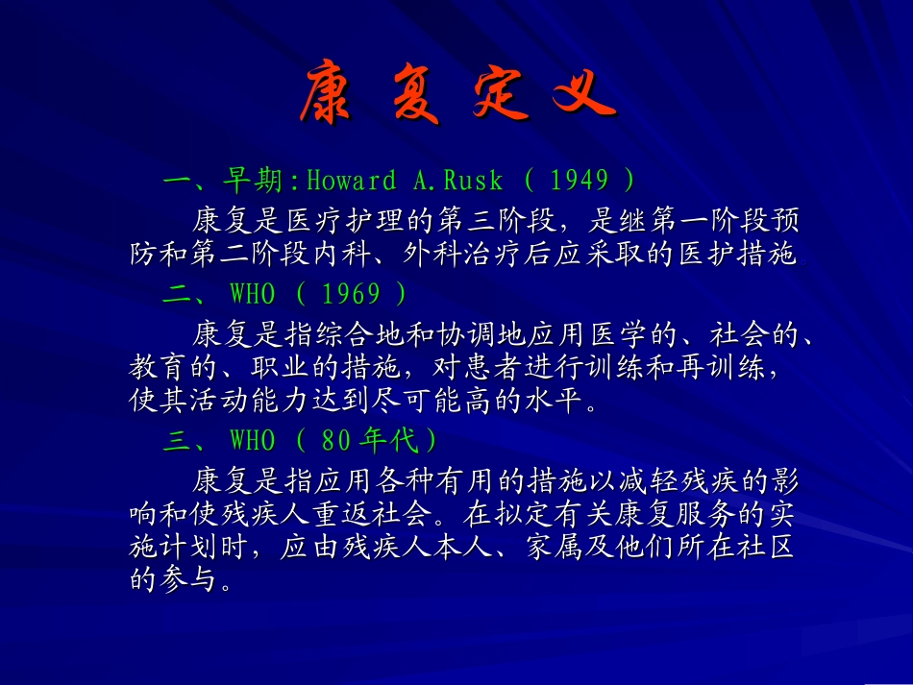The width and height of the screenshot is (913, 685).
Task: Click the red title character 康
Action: [x=329, y=93]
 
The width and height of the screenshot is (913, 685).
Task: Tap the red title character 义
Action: [x=582, y=93]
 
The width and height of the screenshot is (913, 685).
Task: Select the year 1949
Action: [x=580, y=181]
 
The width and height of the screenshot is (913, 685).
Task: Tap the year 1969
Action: [x=350, y=293]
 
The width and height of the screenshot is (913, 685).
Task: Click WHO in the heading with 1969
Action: [x=252, y=293]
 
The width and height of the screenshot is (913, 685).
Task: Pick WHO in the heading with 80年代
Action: [x=252, y=441]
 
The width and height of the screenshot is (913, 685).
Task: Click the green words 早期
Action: [x=254, y=181]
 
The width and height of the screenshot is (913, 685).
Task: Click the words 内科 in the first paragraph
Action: [x=419, y=256]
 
